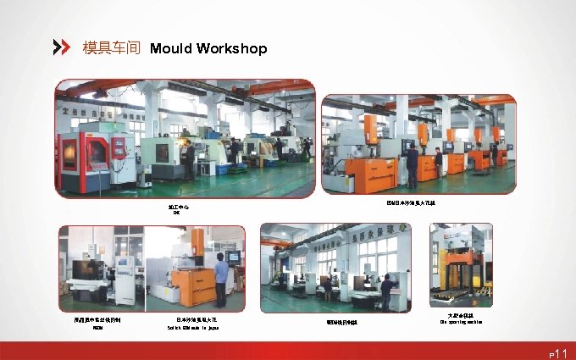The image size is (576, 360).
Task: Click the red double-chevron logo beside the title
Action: pyautogui.click(x=62, y=47)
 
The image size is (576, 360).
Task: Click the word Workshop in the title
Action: pyautogui.click(x=231, y=48)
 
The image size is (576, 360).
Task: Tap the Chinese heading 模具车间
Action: pyautogui.click(x=111, y=48)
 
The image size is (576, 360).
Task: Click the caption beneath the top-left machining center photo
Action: pyautogui.click(x=175, y=209)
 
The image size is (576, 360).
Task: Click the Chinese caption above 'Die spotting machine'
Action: pyautogui.click(x=460, y=315)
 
